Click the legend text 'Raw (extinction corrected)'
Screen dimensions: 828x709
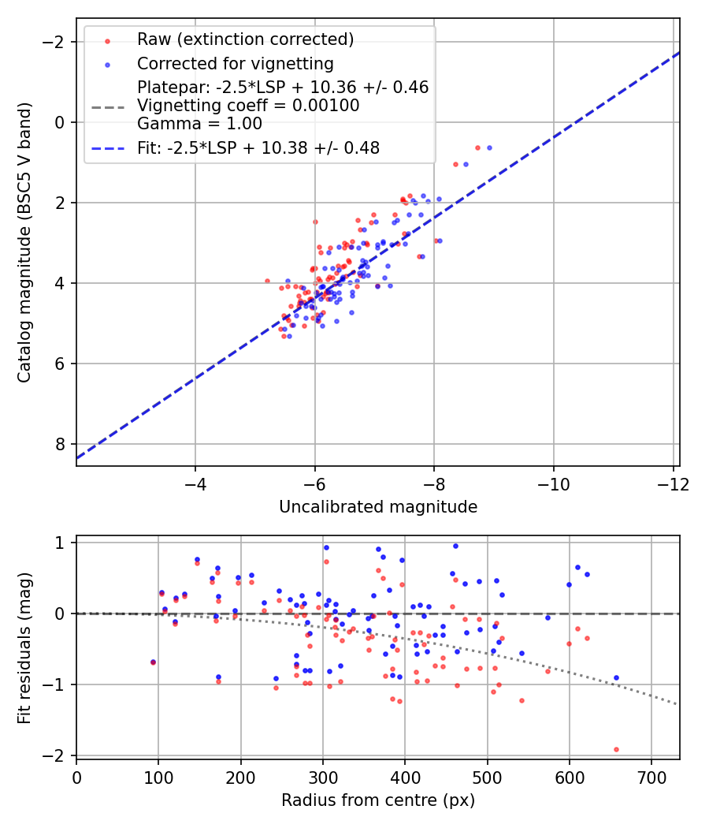click(x=245, y=39)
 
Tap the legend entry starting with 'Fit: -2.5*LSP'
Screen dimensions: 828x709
click(x=258, y=147)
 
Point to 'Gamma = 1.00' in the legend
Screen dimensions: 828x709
click(x=199, y=124)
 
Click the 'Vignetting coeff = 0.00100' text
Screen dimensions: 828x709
click(x=248, y=106)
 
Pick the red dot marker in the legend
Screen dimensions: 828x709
click(x=108, y=40)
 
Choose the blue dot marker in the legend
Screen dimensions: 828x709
click(x=108, y=65)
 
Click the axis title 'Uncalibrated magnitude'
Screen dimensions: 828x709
click(x=378, y=507)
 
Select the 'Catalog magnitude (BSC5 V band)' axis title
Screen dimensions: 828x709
click(x=25, y=241)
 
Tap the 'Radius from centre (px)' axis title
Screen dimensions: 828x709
click(x=378, y=800)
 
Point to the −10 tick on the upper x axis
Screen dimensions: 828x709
click(x=554, y=483)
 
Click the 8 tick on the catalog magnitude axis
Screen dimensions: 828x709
click(x=60, y=444)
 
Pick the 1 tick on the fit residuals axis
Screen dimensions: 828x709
click(x=60, y=543)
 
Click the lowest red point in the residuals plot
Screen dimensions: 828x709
click(x=616, y=749)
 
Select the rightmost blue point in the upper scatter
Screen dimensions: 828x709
click(x=489, y=147)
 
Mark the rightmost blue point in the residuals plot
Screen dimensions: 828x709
click(x=616, y=677)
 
